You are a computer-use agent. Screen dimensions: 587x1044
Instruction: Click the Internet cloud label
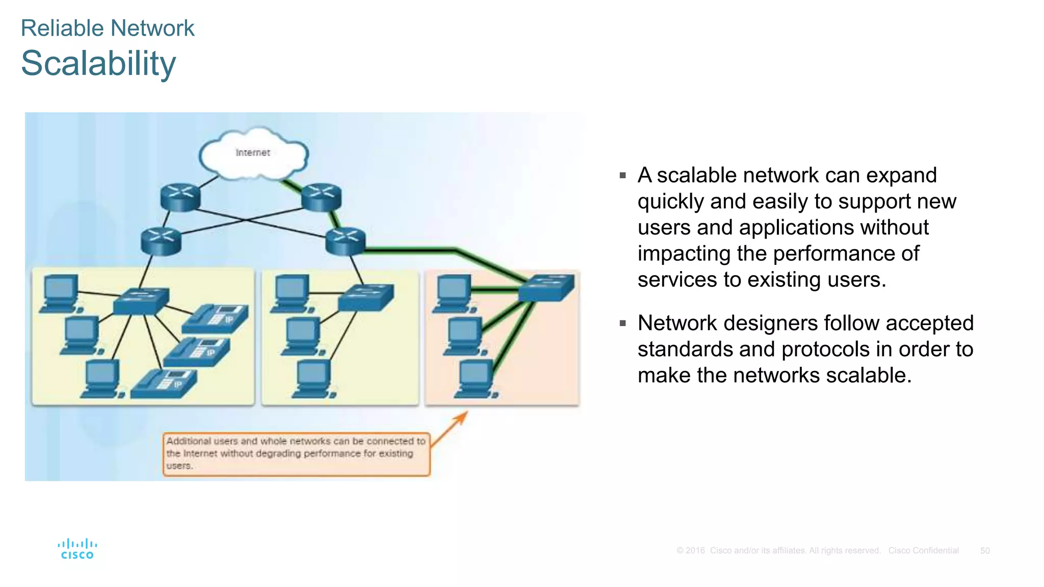pyautogui.click(x=253, y=152)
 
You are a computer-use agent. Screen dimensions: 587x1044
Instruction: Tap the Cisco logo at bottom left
pyautogui.click(x=77, y=549)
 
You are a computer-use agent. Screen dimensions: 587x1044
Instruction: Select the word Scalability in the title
pyautogui.click(x=98, y=64)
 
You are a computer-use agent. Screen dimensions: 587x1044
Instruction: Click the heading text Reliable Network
pyautogui.click(x=108, y=28)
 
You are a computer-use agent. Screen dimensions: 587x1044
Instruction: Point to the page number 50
pyautogui.click(x=985, y=551)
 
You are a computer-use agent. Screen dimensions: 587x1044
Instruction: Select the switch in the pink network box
pyautogui.click(x=546, y=287)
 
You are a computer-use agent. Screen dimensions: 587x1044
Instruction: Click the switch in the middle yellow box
pyautogui.click(x=366, y=297)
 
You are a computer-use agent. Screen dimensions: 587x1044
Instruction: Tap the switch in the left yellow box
pyautogui.click(x=141, y=301)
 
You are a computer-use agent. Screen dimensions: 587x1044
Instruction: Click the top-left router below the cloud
pyautogui.click(x=180, y=197)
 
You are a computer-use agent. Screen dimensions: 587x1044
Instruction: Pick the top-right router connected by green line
pyautogui.click(x=321, y=197)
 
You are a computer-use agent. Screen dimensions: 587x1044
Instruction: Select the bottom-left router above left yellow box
pyautogui.click(x=161, y=242)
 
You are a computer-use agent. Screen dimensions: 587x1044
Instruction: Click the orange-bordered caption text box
pyautogui.click(x=296, y=453)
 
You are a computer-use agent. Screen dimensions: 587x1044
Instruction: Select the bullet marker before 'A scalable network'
pyautogui.click(x=622, y=175)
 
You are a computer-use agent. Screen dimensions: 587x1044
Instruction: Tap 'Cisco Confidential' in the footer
pyautogui.click(x=923, y=551)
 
